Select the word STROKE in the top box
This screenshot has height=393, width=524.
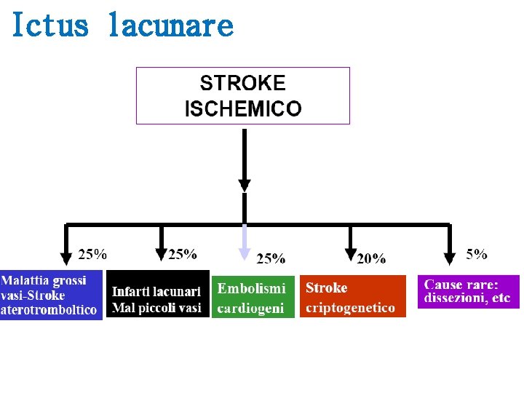point(242,83)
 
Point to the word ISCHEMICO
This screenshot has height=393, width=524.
point(242,109)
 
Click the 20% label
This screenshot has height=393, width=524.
point(371,258)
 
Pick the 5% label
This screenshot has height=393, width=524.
point(477,253)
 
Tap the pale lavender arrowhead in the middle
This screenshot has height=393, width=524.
point(245,253)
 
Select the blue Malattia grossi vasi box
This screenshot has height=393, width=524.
point(51,295)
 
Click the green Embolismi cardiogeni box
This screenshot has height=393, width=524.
point(253,297)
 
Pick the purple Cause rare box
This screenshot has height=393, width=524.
point(468,291)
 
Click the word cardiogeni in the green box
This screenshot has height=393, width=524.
point(251,308)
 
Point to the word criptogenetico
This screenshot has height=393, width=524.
point(351,308)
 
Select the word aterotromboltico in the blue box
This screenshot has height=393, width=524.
point(49,310)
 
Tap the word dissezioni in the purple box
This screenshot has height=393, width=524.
point(456,298)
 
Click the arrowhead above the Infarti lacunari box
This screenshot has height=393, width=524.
point(161,254)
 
